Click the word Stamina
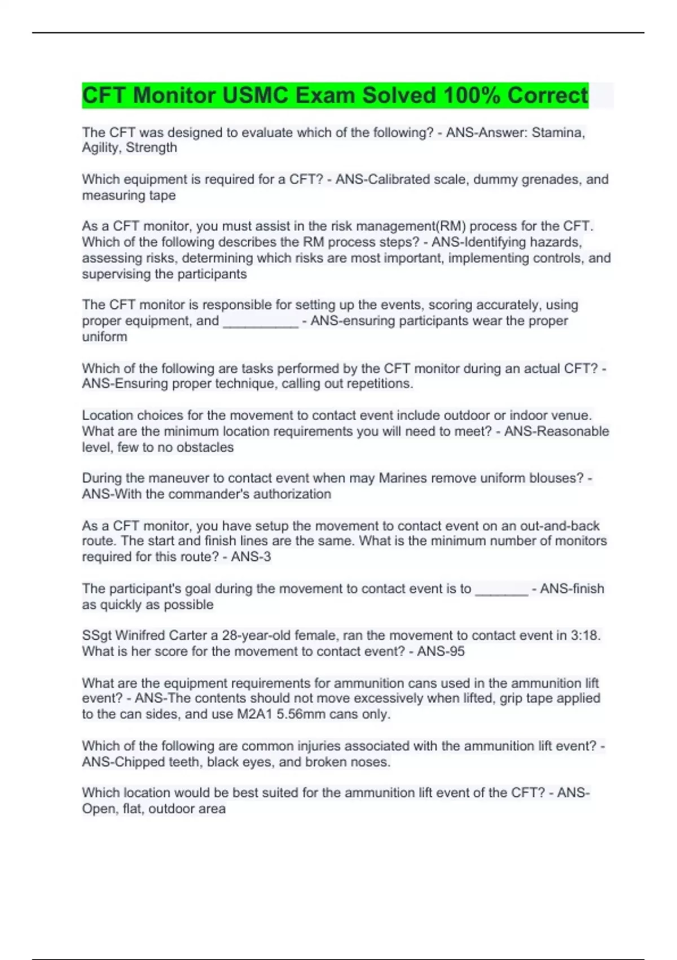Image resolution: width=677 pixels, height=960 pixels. [x=558, y=133]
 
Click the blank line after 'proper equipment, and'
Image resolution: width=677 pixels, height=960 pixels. [x=261, y=321]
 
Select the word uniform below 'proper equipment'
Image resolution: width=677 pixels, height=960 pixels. [x=104, y=337]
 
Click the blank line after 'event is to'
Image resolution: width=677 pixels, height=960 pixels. [x=502, y=589]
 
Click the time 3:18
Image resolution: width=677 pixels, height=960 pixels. [x=586, y=636]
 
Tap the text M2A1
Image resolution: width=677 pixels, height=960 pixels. [x=255, y=714]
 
